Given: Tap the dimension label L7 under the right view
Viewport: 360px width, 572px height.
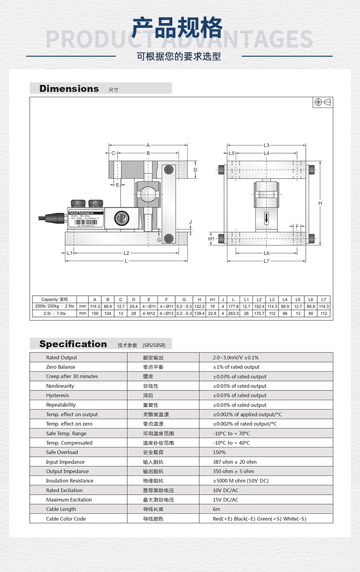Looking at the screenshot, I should pyautogui.click(x=267, y=261).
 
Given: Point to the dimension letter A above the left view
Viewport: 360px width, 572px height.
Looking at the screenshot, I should pyautogui.click(x=148, y=145).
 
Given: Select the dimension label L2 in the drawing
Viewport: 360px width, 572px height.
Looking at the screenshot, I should pyautogui.click(x=126, y=253).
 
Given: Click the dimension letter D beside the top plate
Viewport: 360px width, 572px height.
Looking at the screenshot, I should pyautogui.click(x=195, y=170).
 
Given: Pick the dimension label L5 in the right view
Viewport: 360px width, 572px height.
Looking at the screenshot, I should pyautogui.click(x=231, y=153).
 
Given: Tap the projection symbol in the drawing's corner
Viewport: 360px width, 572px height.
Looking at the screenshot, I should pyautogui.click(x=324, y=102).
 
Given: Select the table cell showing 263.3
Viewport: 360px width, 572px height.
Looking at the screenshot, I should pyautogui.click(x=233, y=314).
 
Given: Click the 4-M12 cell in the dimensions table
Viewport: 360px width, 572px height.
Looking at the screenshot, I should pyautogui.click(x=149, y=314).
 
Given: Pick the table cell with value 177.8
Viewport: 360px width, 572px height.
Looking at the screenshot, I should pyautogui.click(x=233, y=306).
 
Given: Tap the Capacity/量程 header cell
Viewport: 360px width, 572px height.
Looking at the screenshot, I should pyautogui.click(x=55, y=299).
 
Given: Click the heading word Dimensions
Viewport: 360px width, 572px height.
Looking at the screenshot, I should pyautogui.click(x=69, y=89).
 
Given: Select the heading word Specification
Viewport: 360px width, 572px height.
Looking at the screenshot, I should pyautogui.click(x=73, y=344).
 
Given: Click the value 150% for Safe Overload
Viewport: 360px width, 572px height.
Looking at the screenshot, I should pyautogui.click(x=219, y=452).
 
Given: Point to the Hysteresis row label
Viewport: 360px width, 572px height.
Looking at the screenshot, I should pyautogui.click(x=57, y=395).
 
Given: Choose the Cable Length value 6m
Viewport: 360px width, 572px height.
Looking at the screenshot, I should pyautogui.click(x=216, y=509).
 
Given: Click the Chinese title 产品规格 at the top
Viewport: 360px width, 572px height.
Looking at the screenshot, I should pyautogui.click(x=178, y=27).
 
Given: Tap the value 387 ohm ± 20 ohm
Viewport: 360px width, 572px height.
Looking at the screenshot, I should pyautogui.click(x=235, y=462).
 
